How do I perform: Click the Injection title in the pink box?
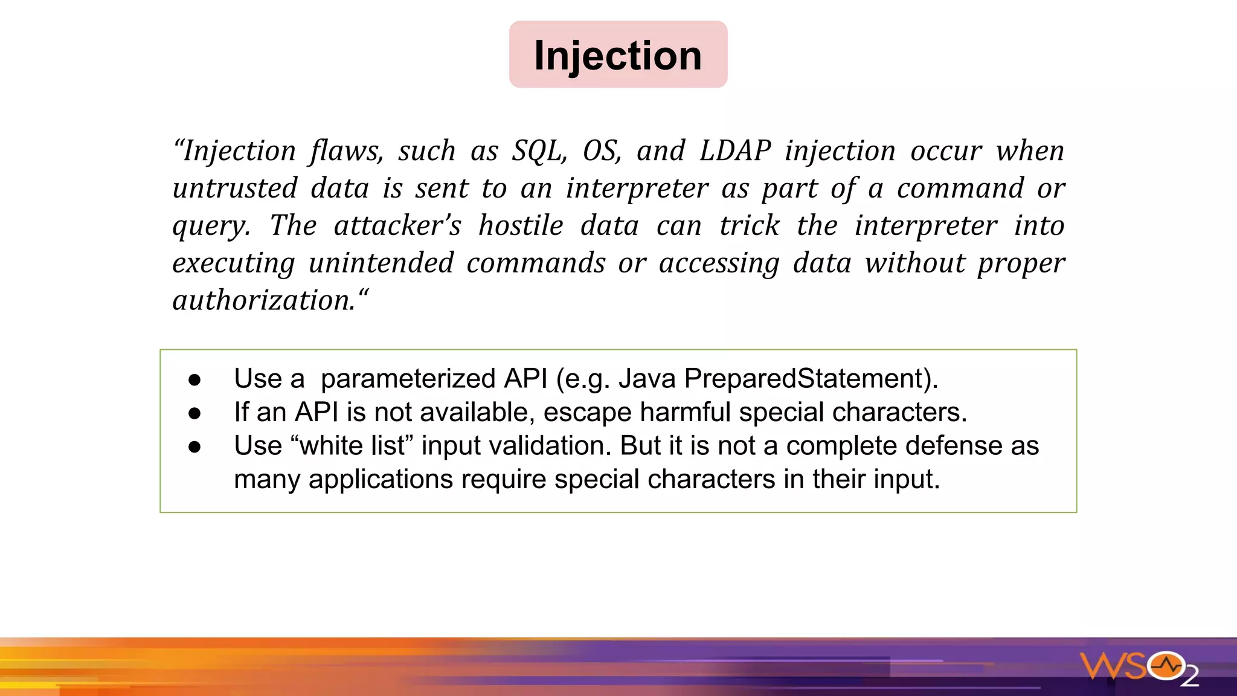(618, 56)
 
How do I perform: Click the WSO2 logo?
(1139, 668)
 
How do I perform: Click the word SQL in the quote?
(539, 151)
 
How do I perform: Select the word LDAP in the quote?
(734, 151)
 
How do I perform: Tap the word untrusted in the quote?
(235, 188)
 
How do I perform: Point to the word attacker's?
(397, 226)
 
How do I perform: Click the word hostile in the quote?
(521, 226)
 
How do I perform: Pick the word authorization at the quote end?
(264, 301)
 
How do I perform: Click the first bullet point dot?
(194, 380)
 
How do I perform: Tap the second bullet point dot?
(194, 413)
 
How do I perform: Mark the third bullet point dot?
(194, 447)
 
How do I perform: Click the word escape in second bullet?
(587, 413)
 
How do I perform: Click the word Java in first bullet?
(647, 379)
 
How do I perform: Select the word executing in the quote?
(234, 263)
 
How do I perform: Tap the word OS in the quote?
(601, 151)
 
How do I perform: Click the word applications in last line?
(381, 480)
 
